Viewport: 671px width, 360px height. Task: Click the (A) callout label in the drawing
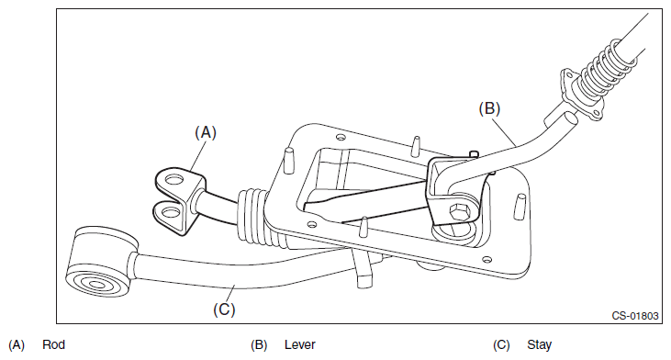pyautogui.click(x=206, y=132)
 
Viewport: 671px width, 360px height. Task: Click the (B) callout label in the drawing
pyautogui.click(x=489, y=108)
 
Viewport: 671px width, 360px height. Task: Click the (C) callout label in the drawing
pyautogui.click(x=224, y=309)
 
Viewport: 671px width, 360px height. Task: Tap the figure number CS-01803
pyautogui.click(x=634, y=316)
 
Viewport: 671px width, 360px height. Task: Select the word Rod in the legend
pyautogui.click(x=53, y=344)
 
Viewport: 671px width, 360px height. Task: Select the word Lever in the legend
pyautogui.click(x=299, y=344)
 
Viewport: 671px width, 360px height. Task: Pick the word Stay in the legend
pyautogui.click(x=539, y=345)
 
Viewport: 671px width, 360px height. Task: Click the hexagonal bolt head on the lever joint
pyautogui.click(x=458, y=212)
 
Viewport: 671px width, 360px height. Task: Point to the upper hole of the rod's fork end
pyautogui.click(x=173, y=179)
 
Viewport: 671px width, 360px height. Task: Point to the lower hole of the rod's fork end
pyautogui.click(x=171, y=212)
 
